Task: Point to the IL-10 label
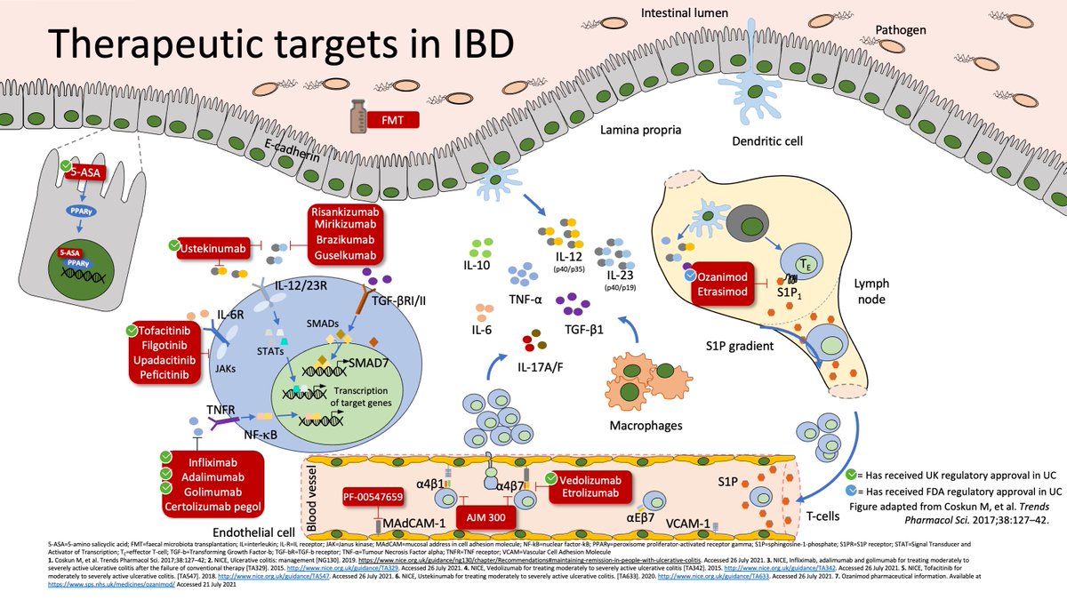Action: pyautogui.click(x=477, y=264)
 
